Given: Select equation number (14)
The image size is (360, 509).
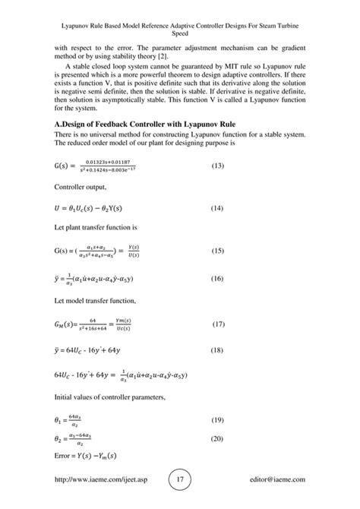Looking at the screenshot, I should click(218, 229).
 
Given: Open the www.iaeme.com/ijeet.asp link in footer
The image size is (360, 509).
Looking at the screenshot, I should click(104, 481).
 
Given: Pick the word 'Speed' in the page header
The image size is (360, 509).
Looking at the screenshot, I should click(180, 33).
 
